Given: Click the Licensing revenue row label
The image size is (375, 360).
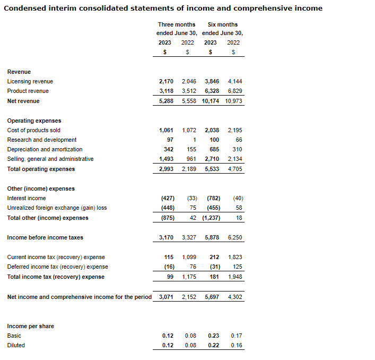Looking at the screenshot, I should (30, 81).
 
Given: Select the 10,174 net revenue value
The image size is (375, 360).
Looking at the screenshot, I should (211, 101).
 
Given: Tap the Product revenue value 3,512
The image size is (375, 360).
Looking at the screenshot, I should (188, 91).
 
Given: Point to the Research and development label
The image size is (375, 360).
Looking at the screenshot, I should (42, 140).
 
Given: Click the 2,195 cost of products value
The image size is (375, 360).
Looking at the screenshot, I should (234, 130).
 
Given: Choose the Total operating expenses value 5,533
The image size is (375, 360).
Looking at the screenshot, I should (211, 169).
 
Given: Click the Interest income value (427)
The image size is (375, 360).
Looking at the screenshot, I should (168, 198).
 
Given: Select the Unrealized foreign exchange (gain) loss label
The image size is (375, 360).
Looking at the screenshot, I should (57, 208).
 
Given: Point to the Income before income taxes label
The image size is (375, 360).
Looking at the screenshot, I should (45, 237).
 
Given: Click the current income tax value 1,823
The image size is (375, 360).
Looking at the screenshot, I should (234, 257).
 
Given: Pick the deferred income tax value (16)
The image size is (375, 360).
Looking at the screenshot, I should (169, 267).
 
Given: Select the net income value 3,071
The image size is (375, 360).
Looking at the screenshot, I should (166, 297).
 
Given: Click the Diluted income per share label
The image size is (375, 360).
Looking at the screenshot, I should (16, 345).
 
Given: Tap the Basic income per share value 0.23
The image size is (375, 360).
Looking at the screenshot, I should (213, 336).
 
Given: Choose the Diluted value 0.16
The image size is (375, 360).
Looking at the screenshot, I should (236, 345).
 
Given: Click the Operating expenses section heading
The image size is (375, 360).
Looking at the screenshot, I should (34, 121).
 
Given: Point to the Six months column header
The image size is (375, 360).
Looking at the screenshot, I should (222, 24).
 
